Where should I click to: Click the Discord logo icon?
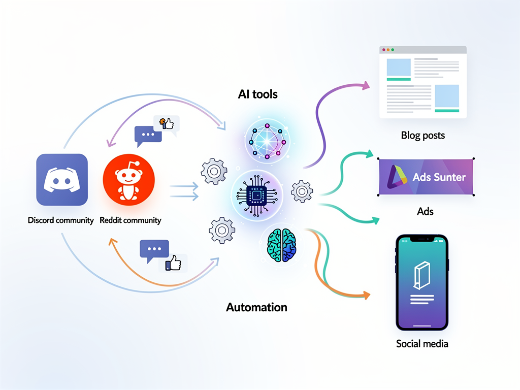coord(62,180)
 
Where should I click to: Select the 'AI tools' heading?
coord(257,94)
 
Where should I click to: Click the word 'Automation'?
coord(256,307)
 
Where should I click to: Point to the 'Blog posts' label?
coord(422,136)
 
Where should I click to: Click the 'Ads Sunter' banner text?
coord(439,178)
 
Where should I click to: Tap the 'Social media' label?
coord(422,344)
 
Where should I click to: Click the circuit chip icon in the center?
coord(256,194)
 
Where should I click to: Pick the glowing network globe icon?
coord(265,138)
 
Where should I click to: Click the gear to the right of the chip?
coord(302,191)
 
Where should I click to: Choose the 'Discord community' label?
coord(61,220)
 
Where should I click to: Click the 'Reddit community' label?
coord(131,220)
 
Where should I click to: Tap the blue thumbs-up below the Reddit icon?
coord(173,263)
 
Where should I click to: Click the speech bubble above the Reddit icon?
coord(148,135)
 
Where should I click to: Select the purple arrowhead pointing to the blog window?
coord(366,86)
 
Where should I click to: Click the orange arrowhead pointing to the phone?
coord(366,295)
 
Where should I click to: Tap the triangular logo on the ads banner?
coord(397,177)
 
